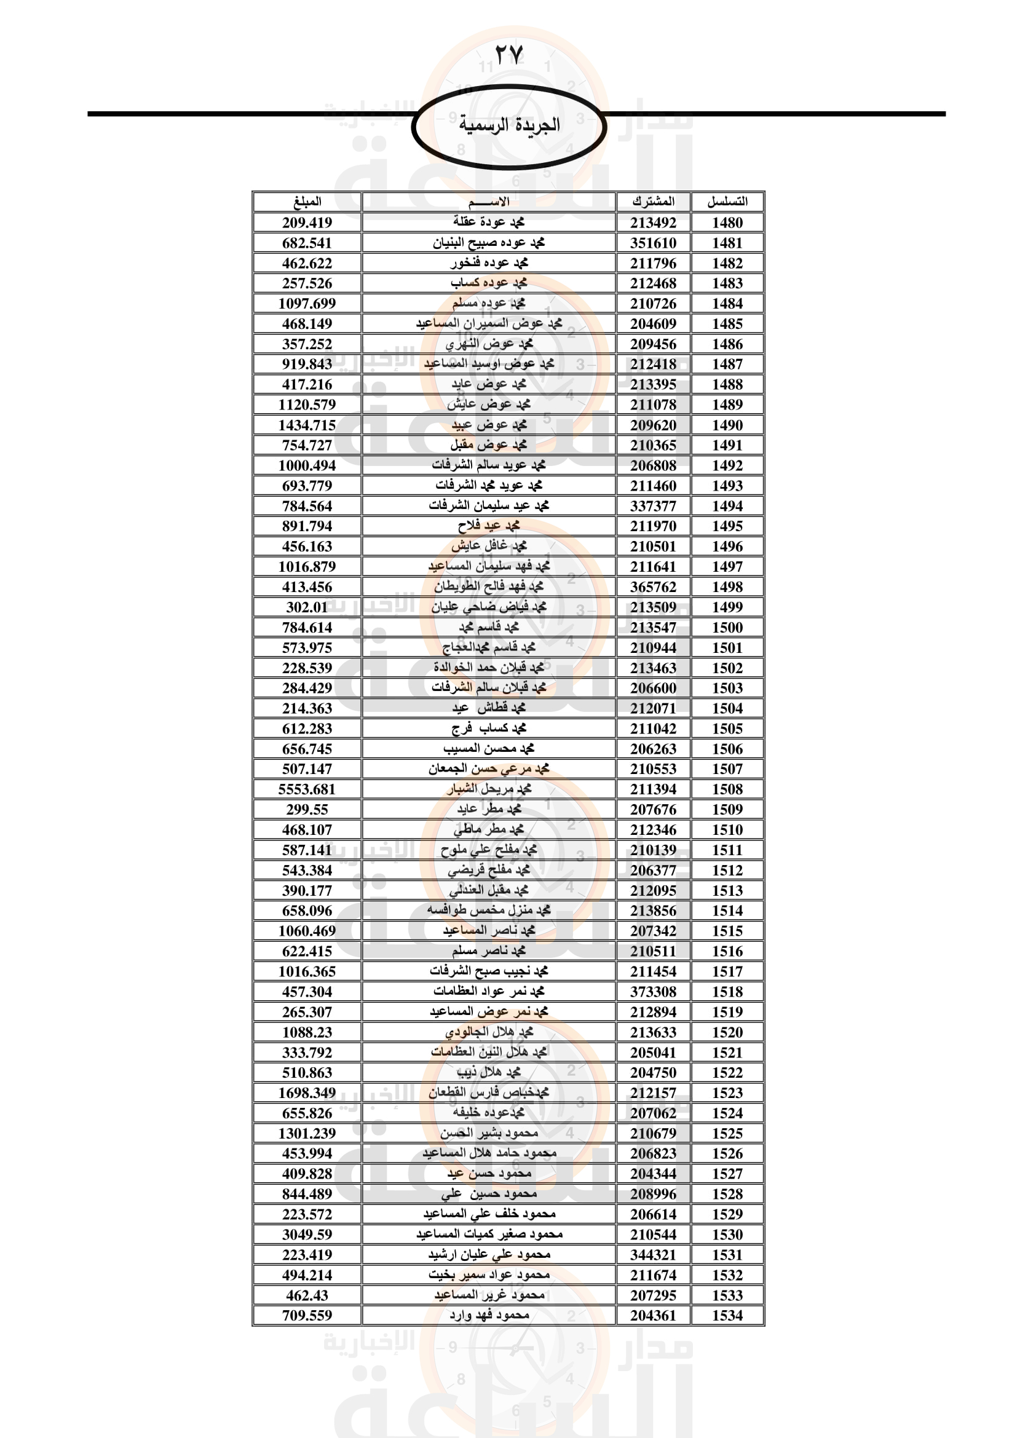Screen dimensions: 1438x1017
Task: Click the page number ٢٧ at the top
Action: pyautogui.click(x=508, y=55)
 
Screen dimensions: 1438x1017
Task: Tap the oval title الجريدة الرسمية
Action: pyautogui.click(x=509, y=125)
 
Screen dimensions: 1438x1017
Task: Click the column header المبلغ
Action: pyautogui.click(x=307, y=202)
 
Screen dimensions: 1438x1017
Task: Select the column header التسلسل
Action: pyautogui.click(x=727, y=202)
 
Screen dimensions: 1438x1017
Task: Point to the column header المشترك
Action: pyautogui.click(x=653, y=202)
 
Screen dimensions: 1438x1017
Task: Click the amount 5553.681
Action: pyautogui.click(x=307, y=789)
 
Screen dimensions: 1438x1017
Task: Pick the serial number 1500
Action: pyautogui.click(x=727, y=628)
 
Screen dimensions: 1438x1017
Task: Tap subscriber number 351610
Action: pyautogui.click(x=653, y=243)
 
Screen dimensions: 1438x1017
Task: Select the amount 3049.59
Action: pyautogui.click(x=307, y=1235)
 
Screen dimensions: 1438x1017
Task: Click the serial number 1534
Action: pyautogui.click(x=727, y=1315)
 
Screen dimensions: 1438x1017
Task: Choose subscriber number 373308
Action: pyautogui.click(x=653, y=992)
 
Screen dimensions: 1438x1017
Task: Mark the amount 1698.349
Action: pyautogui.click(x=307, y=1093)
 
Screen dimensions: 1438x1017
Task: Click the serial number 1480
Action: pyautogui.click(x=727, y=223)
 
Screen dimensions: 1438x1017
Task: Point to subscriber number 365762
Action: pyautogui.click(x=653, y=587)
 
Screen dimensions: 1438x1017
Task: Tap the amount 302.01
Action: pyautogui.click(x=307, y=607)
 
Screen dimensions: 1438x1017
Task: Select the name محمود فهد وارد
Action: pyautogui.click(x=489, y=1315)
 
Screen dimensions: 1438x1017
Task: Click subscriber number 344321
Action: pyautogui.click(x=653, y=1255)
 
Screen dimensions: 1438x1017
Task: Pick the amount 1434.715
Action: pyautogui.click(x=307, y=425)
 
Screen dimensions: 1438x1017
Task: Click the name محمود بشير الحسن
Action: pyautogui.click(x=489, y=1133)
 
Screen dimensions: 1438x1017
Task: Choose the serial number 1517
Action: pyautogui.click(x=727, y=971)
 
